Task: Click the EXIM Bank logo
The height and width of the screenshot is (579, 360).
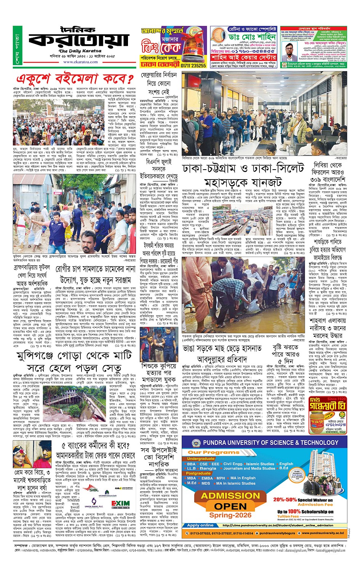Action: (120, 504)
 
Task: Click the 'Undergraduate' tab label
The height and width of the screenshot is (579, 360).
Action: (201, 459)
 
